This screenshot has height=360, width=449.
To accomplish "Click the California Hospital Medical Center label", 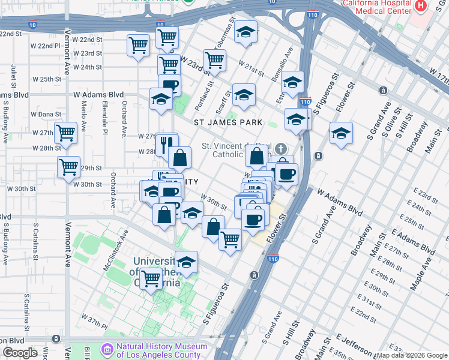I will [x=376, y=7].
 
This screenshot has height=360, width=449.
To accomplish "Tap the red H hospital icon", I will [x=421, y=5].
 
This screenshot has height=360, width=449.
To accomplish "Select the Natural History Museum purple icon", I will [x=107, y=349].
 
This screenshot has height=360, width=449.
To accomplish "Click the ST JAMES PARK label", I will [x=228, y=122].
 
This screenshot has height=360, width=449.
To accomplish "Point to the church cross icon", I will [x=280, y=148].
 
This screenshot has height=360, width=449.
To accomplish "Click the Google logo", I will [x=20, y=353].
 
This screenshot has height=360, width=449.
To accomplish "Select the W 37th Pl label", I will [x=94, y=318].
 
